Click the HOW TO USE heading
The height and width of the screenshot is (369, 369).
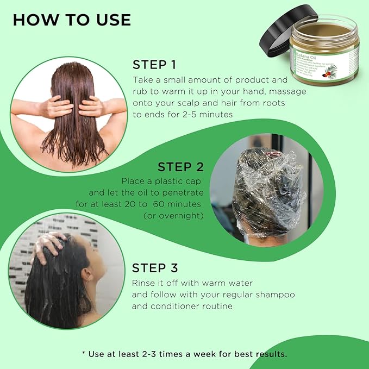point(72,20)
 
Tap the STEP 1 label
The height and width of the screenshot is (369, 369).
point(154,65)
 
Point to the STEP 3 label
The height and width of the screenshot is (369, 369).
point(155,268)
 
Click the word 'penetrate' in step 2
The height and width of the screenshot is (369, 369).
point(182,192)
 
